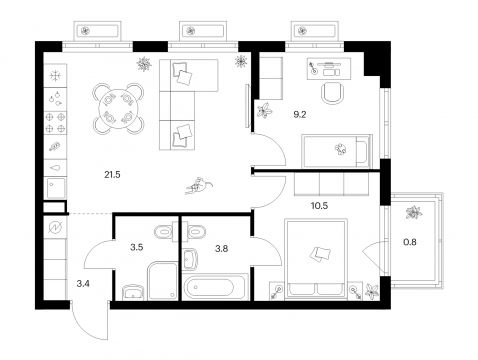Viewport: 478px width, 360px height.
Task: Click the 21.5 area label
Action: (x=112, y=174)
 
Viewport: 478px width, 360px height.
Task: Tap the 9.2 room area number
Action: (x=299, y=115)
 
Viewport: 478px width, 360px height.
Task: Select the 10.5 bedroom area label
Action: (x=319, y=206)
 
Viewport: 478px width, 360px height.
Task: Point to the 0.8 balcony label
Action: (x=410, y=242)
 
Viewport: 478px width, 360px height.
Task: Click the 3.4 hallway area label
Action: (x=83, y=284)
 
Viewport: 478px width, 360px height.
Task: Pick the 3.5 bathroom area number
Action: (x=137, y=247)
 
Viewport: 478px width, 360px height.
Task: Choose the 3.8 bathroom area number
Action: (x=222, y=248)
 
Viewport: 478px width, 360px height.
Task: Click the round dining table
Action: (x=118, y=108)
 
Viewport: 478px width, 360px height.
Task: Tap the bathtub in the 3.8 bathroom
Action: (x=215, y=287)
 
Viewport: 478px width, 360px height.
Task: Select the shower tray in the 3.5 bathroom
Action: (x=162, y=281)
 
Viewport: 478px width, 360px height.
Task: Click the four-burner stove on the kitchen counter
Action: (x=55, y=122)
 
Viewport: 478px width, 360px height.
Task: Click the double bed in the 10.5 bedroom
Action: (x=316, y=257)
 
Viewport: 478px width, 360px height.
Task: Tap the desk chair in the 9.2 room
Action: (x=332, y=93)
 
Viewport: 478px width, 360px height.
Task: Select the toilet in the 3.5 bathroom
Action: (x=164, y=231)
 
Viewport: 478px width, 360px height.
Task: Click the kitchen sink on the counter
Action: (x=56, y=188)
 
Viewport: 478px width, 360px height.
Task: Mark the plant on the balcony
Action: (x=414, y=212)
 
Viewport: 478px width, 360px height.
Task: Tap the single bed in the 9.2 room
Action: (x=336, y=151)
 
